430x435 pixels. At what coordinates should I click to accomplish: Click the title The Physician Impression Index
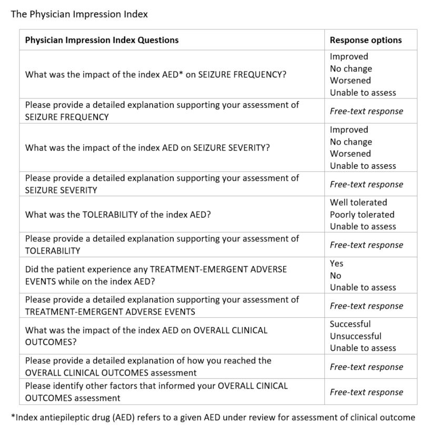pyautogui.click(x=79, y=14)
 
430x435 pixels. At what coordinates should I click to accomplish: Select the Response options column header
pyautogui.click(x=365, y=40)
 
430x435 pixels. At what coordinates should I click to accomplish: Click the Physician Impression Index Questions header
pyautogui.click(x=102, y=40)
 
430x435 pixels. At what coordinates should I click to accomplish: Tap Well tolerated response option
pyautogui.click(x=358, y=203)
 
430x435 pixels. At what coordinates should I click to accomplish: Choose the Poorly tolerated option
pyautogui.click(x=362, y=215)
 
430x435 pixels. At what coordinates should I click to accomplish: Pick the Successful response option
pyautogui.click(x=350, y=324)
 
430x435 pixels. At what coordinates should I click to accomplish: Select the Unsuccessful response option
pyautogui.click(x=355, y=336)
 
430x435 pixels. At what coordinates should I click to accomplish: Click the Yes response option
pyautogui.click(x=336, y=264)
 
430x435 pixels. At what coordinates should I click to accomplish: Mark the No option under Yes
pyautogui.click(x=335, y=276)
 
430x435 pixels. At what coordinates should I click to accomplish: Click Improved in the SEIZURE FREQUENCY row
pyautogui.click(x=349, y=56)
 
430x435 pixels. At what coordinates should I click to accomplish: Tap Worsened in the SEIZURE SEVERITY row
pyautogui.click(x=350, y=154)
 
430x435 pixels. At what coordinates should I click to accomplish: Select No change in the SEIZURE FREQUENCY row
pyautogui.click(x=351, y=68)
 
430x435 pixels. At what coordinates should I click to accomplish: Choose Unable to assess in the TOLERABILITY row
pyautogui.click(x=363, y=227)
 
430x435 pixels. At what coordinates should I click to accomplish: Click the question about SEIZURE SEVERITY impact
pyautogui.click(x=147, y=148)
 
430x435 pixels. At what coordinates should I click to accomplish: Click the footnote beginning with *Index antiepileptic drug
pyautogui.click(x=213, y=418)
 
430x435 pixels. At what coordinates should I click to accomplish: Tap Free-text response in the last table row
pyautogui.click(x=366, y=392)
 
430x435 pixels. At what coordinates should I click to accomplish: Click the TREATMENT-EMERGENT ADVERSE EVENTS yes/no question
pyautogui.click(x=156, y=275)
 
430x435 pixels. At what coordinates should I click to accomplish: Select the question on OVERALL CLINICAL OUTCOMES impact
pyautogui.click(x=146, y=336)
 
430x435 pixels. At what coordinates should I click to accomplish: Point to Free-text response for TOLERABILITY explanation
pyautogui.click(x=366, y=245)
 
